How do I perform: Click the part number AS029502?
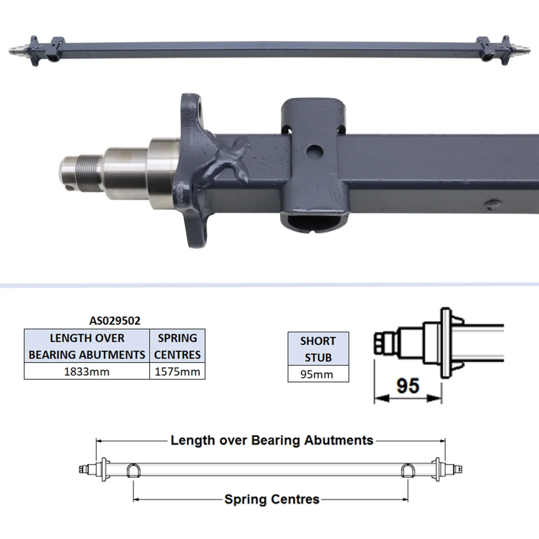115,320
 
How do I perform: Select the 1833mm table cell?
87,371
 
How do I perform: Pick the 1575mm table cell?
177,371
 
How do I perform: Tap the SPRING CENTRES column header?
177,346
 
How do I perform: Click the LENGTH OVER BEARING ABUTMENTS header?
87,346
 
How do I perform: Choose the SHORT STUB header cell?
318,349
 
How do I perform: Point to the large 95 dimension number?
408,386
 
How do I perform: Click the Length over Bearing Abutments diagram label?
271,440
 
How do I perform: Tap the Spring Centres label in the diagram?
271,499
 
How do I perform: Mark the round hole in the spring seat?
314,150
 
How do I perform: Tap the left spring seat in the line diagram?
133,470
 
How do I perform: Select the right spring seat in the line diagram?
408,470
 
